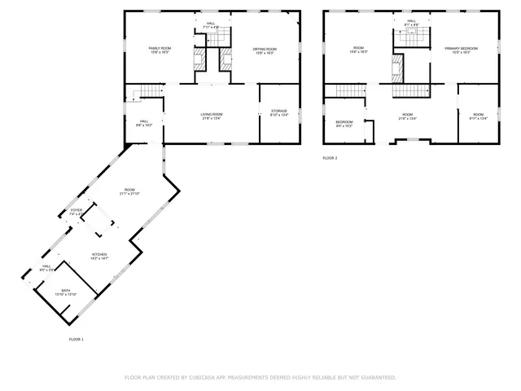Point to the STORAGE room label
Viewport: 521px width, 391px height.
279,112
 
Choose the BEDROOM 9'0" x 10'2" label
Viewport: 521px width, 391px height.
344,124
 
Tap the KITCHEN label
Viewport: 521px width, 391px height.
99,256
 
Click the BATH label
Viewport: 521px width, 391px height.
65,292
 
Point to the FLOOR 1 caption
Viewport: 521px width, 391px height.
76,339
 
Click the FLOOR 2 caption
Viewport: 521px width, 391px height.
330,157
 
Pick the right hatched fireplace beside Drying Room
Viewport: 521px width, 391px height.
227,59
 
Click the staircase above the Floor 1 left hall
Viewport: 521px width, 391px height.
145,91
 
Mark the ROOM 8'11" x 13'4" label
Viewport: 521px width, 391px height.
478,116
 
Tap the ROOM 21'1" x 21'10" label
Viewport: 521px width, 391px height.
129,191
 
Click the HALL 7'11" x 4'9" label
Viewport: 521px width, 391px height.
211,25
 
